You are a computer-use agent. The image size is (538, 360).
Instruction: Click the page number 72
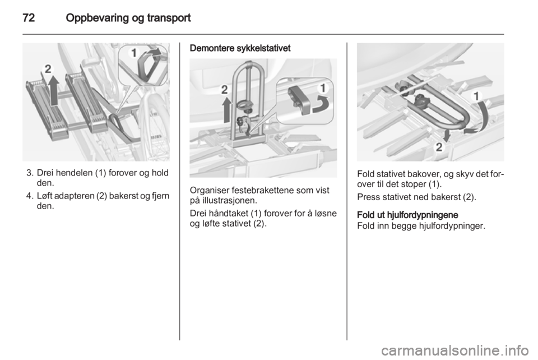[29, 18]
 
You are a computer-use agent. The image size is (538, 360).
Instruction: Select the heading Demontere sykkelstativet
[240, 48]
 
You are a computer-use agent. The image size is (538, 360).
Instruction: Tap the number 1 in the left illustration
[134, 53]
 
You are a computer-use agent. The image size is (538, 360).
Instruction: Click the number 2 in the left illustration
[48, 69]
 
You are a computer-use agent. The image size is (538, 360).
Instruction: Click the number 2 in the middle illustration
[224, 90]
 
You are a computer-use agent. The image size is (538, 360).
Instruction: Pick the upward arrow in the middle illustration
[226, 109]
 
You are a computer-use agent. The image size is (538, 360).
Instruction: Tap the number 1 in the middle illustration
[323, 88]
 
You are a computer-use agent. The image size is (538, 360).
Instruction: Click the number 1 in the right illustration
[476, 96]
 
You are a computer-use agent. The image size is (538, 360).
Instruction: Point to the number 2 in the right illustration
[439, 147]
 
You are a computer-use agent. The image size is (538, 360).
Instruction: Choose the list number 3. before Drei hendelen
[30, 173]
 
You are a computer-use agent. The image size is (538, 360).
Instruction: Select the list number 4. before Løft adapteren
[30, 196]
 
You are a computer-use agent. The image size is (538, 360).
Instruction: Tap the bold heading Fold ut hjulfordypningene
[407, 215]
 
